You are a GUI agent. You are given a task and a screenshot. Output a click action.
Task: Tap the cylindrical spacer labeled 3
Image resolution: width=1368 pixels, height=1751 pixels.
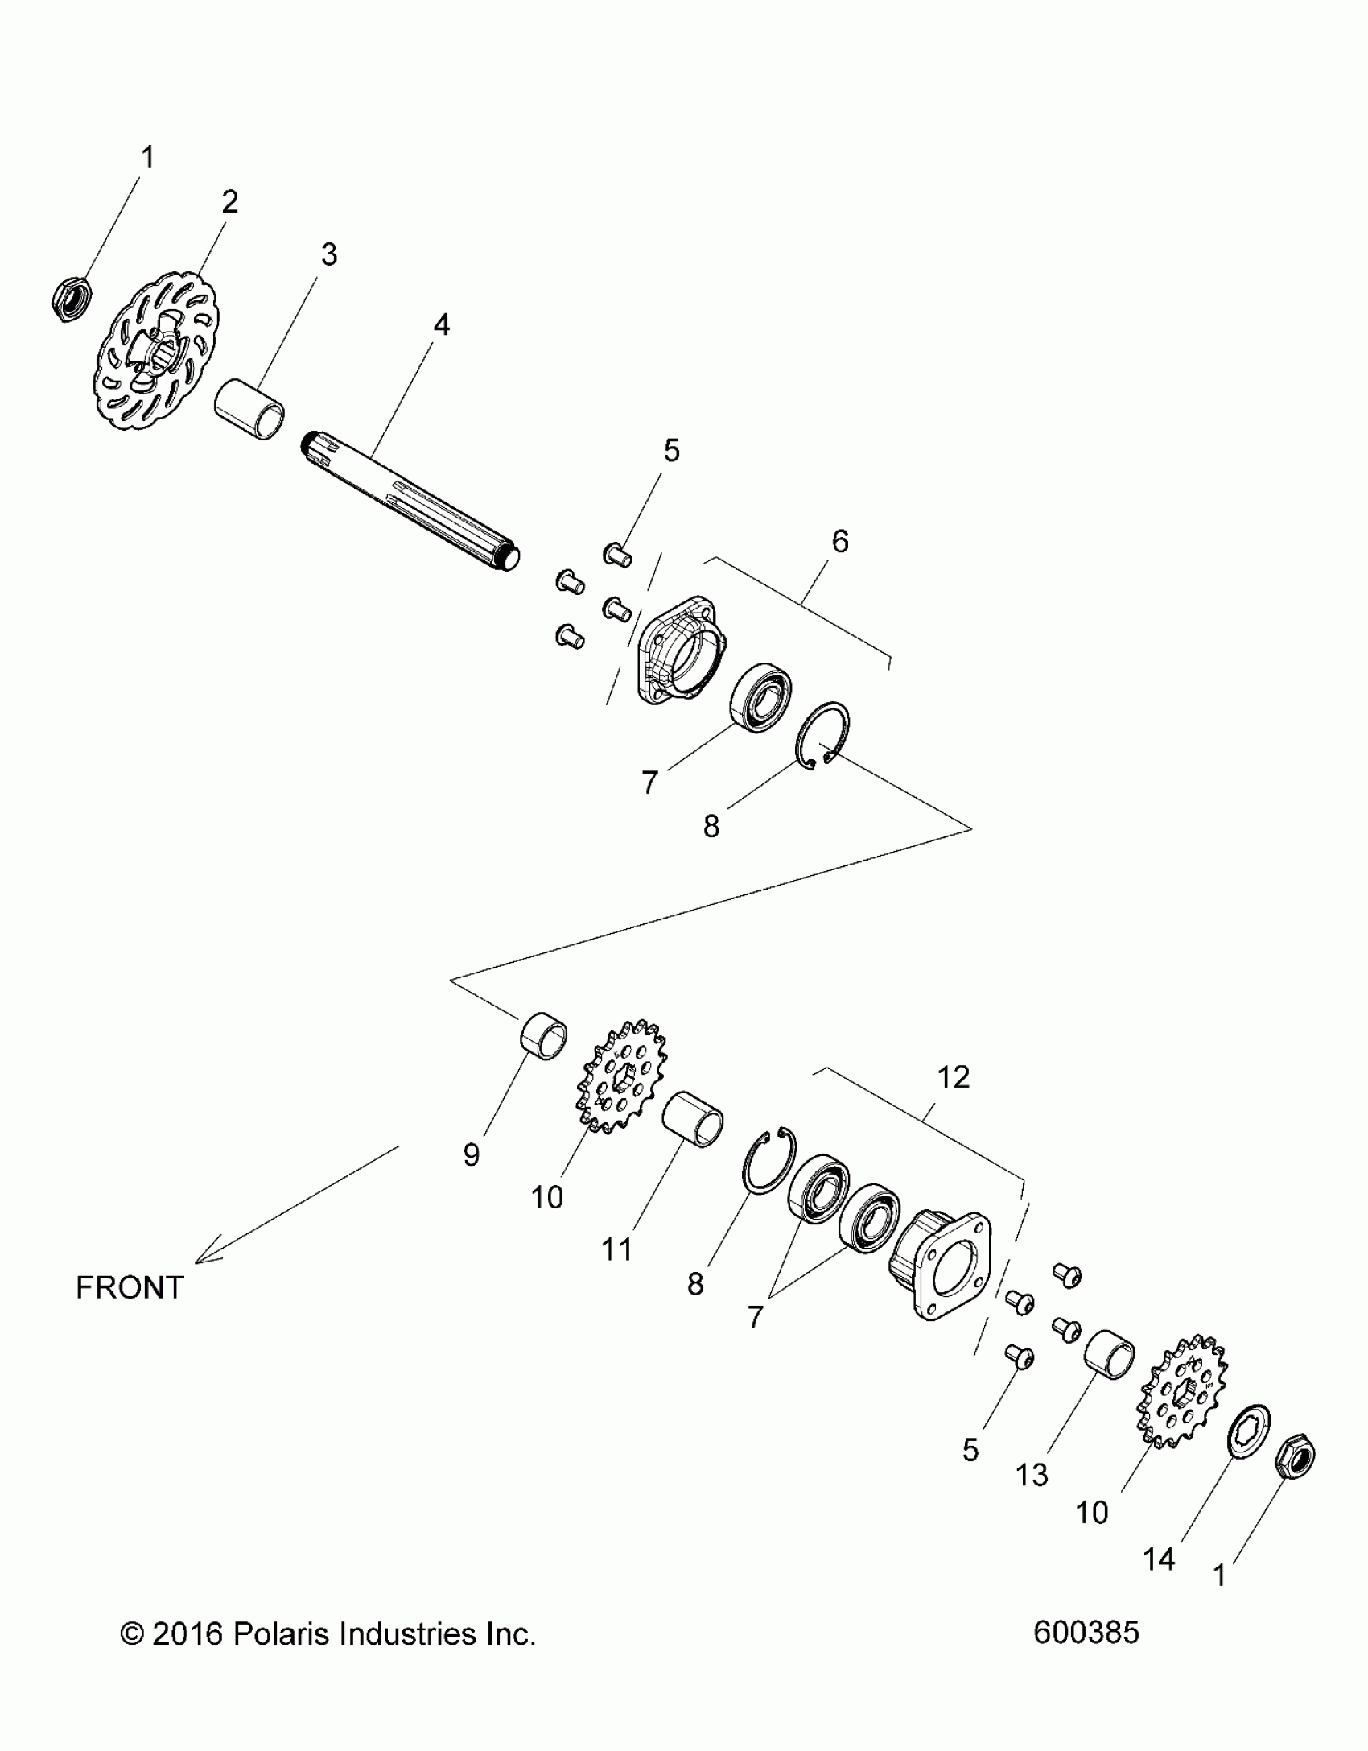pos(250,410)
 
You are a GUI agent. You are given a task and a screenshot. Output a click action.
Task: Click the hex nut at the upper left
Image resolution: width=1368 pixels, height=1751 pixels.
pos(71,300)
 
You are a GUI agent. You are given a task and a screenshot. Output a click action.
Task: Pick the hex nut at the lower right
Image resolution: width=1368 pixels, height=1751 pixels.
pos(1296,1456)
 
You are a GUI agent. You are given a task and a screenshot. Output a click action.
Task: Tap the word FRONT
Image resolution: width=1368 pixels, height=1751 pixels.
pos(130,1288)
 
